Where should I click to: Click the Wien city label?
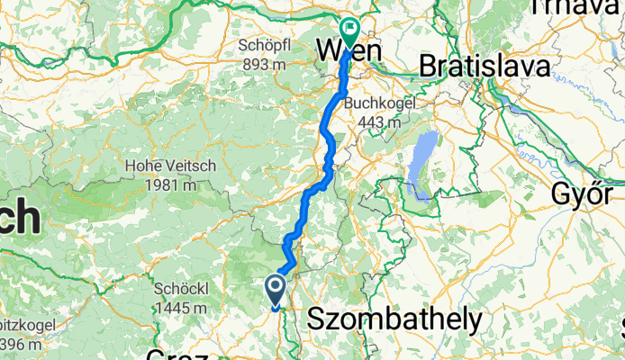pos(348,52)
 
